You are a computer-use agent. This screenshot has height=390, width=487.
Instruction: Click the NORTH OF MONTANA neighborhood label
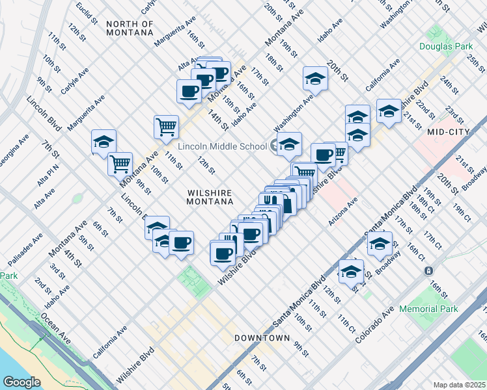[x=130, y=29]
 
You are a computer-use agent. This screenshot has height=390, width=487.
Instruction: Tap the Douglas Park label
[x=445, y=46]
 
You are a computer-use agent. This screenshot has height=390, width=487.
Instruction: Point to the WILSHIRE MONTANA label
[x=210, y=197]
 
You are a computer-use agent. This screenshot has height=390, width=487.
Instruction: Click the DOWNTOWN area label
[x=262, y=338]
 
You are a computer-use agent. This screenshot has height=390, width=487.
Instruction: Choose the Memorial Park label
[x=428, y=309]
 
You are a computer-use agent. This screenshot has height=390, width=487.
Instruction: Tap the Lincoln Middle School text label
[x=222, y=146]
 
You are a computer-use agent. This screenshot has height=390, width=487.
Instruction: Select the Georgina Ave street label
[x=14, y=148]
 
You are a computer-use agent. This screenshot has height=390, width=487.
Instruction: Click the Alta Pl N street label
[x=48, y=176]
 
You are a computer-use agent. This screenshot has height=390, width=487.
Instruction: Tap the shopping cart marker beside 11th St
[x=166, y=126]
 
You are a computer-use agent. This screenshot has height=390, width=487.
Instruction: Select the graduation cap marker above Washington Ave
[x=315, y=77]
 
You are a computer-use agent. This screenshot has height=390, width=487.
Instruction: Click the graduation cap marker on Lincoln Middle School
[x=289, y=144]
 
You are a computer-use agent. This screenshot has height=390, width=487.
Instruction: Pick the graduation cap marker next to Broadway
[x=380, y=242]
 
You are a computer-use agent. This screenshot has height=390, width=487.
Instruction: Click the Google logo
[x=21, y=382]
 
